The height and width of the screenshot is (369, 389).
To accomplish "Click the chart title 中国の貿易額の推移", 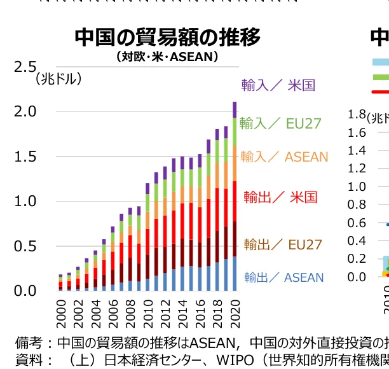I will tap(168, 38).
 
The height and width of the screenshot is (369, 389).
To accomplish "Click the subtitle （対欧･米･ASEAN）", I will tap(167, 57).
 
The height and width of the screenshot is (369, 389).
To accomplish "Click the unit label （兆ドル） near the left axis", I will tap(58, 80).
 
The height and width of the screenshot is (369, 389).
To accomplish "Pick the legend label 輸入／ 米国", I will tap(278, 85).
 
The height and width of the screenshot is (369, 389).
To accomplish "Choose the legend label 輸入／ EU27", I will tap(280, 123).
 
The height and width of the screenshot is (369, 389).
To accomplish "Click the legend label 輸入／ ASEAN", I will tap(284, 157).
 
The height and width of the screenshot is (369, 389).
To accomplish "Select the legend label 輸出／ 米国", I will tap(280, 197).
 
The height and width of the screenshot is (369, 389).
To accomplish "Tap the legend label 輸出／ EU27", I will tap(283, 244).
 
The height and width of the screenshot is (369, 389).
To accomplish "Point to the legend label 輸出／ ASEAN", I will tap(284, 277).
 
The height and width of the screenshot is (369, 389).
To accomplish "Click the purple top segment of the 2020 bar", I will tap(235, 109).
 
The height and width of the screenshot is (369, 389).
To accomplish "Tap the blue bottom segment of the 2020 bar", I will tap(235, 274).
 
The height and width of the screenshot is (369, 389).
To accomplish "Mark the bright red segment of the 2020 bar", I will tap(235, 201).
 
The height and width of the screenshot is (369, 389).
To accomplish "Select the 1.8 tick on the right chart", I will tap(357, 115).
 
